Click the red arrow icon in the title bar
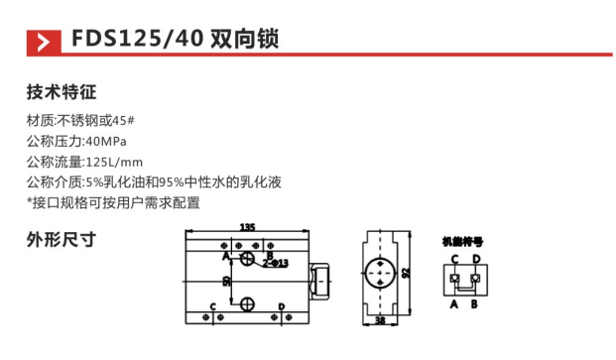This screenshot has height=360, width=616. pos(42,42)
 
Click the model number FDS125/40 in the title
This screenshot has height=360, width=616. pos(137,41)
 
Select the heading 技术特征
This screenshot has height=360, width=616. pos(61,94)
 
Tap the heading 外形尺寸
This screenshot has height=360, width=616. pos(61,239)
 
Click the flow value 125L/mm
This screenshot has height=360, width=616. pos(115,162)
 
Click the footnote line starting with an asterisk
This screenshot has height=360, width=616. pos(113,202)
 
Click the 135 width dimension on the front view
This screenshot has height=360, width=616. pos(248,228)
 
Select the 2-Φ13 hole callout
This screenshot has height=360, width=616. pos(276,263)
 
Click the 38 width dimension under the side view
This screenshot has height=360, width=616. pos(381,321)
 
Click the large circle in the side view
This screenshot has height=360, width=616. pos(381,272)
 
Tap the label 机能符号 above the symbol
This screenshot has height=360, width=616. pos(462,241)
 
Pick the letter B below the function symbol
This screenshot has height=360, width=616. pos(475,304)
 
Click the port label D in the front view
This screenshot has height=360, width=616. pos(283,306)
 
